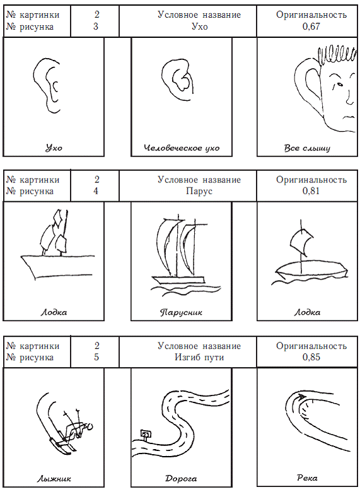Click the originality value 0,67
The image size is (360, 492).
[311, 26]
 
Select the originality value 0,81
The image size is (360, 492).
[311, 191]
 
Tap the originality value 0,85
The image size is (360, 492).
[311, 357]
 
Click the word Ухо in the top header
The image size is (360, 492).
[199, 26]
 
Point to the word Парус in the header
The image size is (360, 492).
[199, 191]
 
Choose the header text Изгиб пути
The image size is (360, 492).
[199, 357]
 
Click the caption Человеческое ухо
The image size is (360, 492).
[182, 148]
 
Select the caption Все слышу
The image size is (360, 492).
[307, 148]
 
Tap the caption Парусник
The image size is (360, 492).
[181, 312]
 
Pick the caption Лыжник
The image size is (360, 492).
[54, 479]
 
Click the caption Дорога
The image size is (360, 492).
[181, 479]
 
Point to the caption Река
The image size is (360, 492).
[307, 478]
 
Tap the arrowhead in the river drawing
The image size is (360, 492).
[301, 397]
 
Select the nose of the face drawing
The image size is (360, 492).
[349, 98]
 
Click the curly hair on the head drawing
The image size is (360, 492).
[337, 56]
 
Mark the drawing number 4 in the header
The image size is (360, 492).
[96, 191]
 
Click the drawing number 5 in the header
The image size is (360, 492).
[96, 357]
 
